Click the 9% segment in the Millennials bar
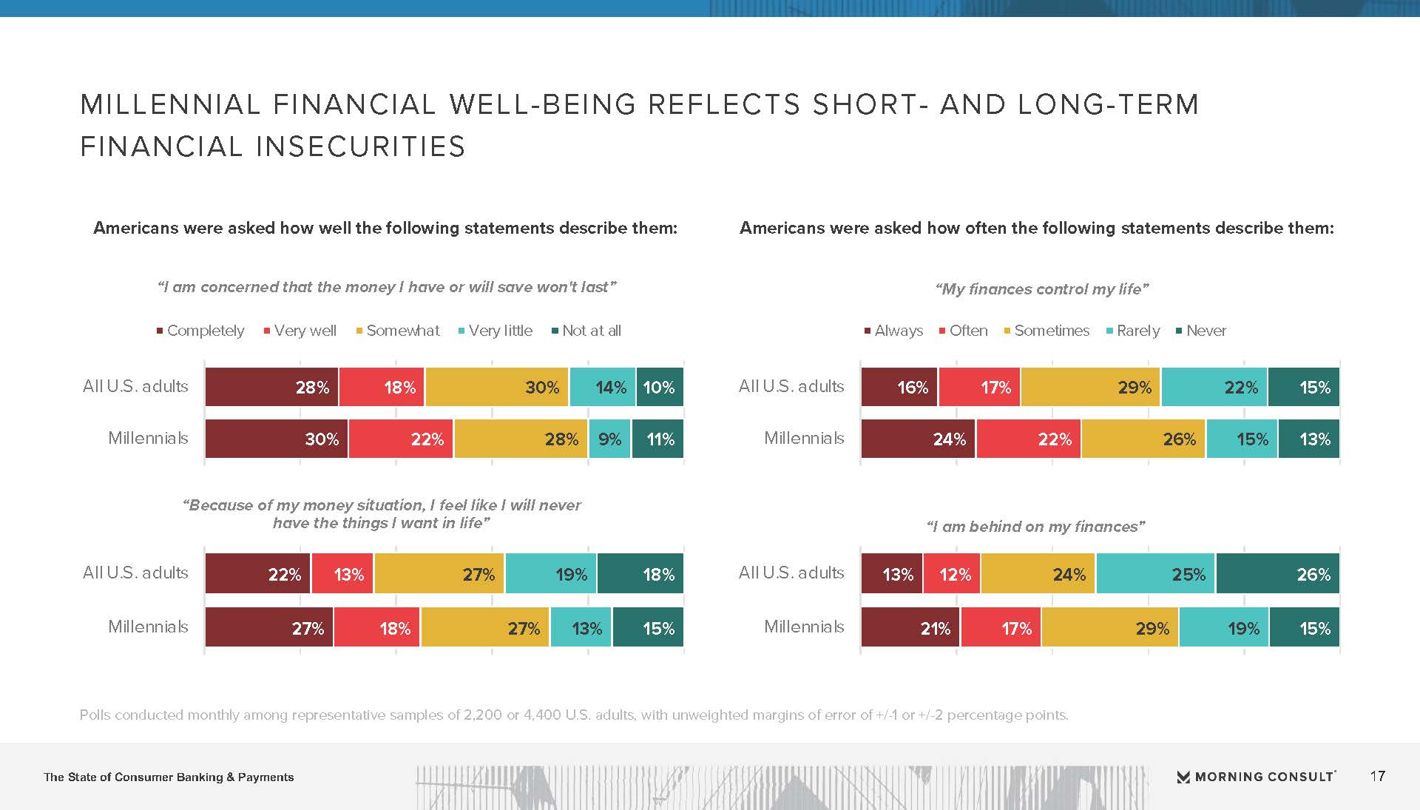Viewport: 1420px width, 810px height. tap(609, 439)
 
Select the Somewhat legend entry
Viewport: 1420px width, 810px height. tap(398, 331)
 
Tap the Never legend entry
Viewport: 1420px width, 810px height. tap(1201, 331)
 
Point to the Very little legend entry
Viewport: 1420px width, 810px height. tap(496, 331)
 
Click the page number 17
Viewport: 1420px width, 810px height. tap(1377, 776)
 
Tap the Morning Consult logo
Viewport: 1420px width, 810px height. tap(1256, 777)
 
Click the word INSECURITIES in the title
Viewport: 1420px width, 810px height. tap(361, 146)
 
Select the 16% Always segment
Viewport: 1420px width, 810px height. tap(899, 387)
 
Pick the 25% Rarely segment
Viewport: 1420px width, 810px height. tap(1155, 574)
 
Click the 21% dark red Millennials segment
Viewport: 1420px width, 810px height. tap(910, 628)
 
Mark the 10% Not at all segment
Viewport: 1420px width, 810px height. tap(659, 387)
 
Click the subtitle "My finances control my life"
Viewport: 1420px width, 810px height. tap(1041, 289)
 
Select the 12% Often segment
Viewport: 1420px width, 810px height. tap(952, 574)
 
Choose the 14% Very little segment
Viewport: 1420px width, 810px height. tap(602, 387)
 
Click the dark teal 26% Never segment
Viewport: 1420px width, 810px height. tap(1277, 574)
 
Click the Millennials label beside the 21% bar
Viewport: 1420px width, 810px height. tap(804, 627)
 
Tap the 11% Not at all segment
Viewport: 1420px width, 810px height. tap(657, 439)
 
